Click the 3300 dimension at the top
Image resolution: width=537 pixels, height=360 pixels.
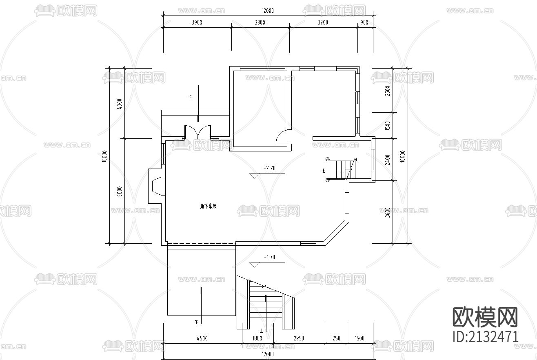260,22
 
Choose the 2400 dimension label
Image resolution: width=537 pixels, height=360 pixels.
388,159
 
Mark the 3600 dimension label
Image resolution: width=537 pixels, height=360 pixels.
388,212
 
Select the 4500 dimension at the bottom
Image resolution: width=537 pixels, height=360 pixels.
202,338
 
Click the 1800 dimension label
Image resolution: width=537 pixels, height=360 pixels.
257,338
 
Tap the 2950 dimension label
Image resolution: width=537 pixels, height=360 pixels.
299,338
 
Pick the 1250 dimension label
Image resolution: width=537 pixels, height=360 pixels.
335,338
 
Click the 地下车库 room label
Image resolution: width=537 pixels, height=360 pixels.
208,207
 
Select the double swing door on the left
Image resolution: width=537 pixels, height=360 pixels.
198,132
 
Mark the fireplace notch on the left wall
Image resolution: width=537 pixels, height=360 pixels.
156,186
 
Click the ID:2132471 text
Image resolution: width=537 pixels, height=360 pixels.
486,337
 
